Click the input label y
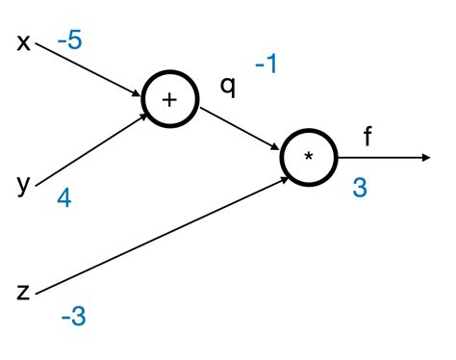pos(24,183)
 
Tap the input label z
pos(24,289)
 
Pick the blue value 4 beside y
pos(64,198)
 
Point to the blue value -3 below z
pos(73,315)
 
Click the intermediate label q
pos(227,84)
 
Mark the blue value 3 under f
pos(360,188)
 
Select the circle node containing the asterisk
pos(309,158)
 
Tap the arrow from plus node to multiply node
pos(241,128)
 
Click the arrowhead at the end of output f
pos(424,158)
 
